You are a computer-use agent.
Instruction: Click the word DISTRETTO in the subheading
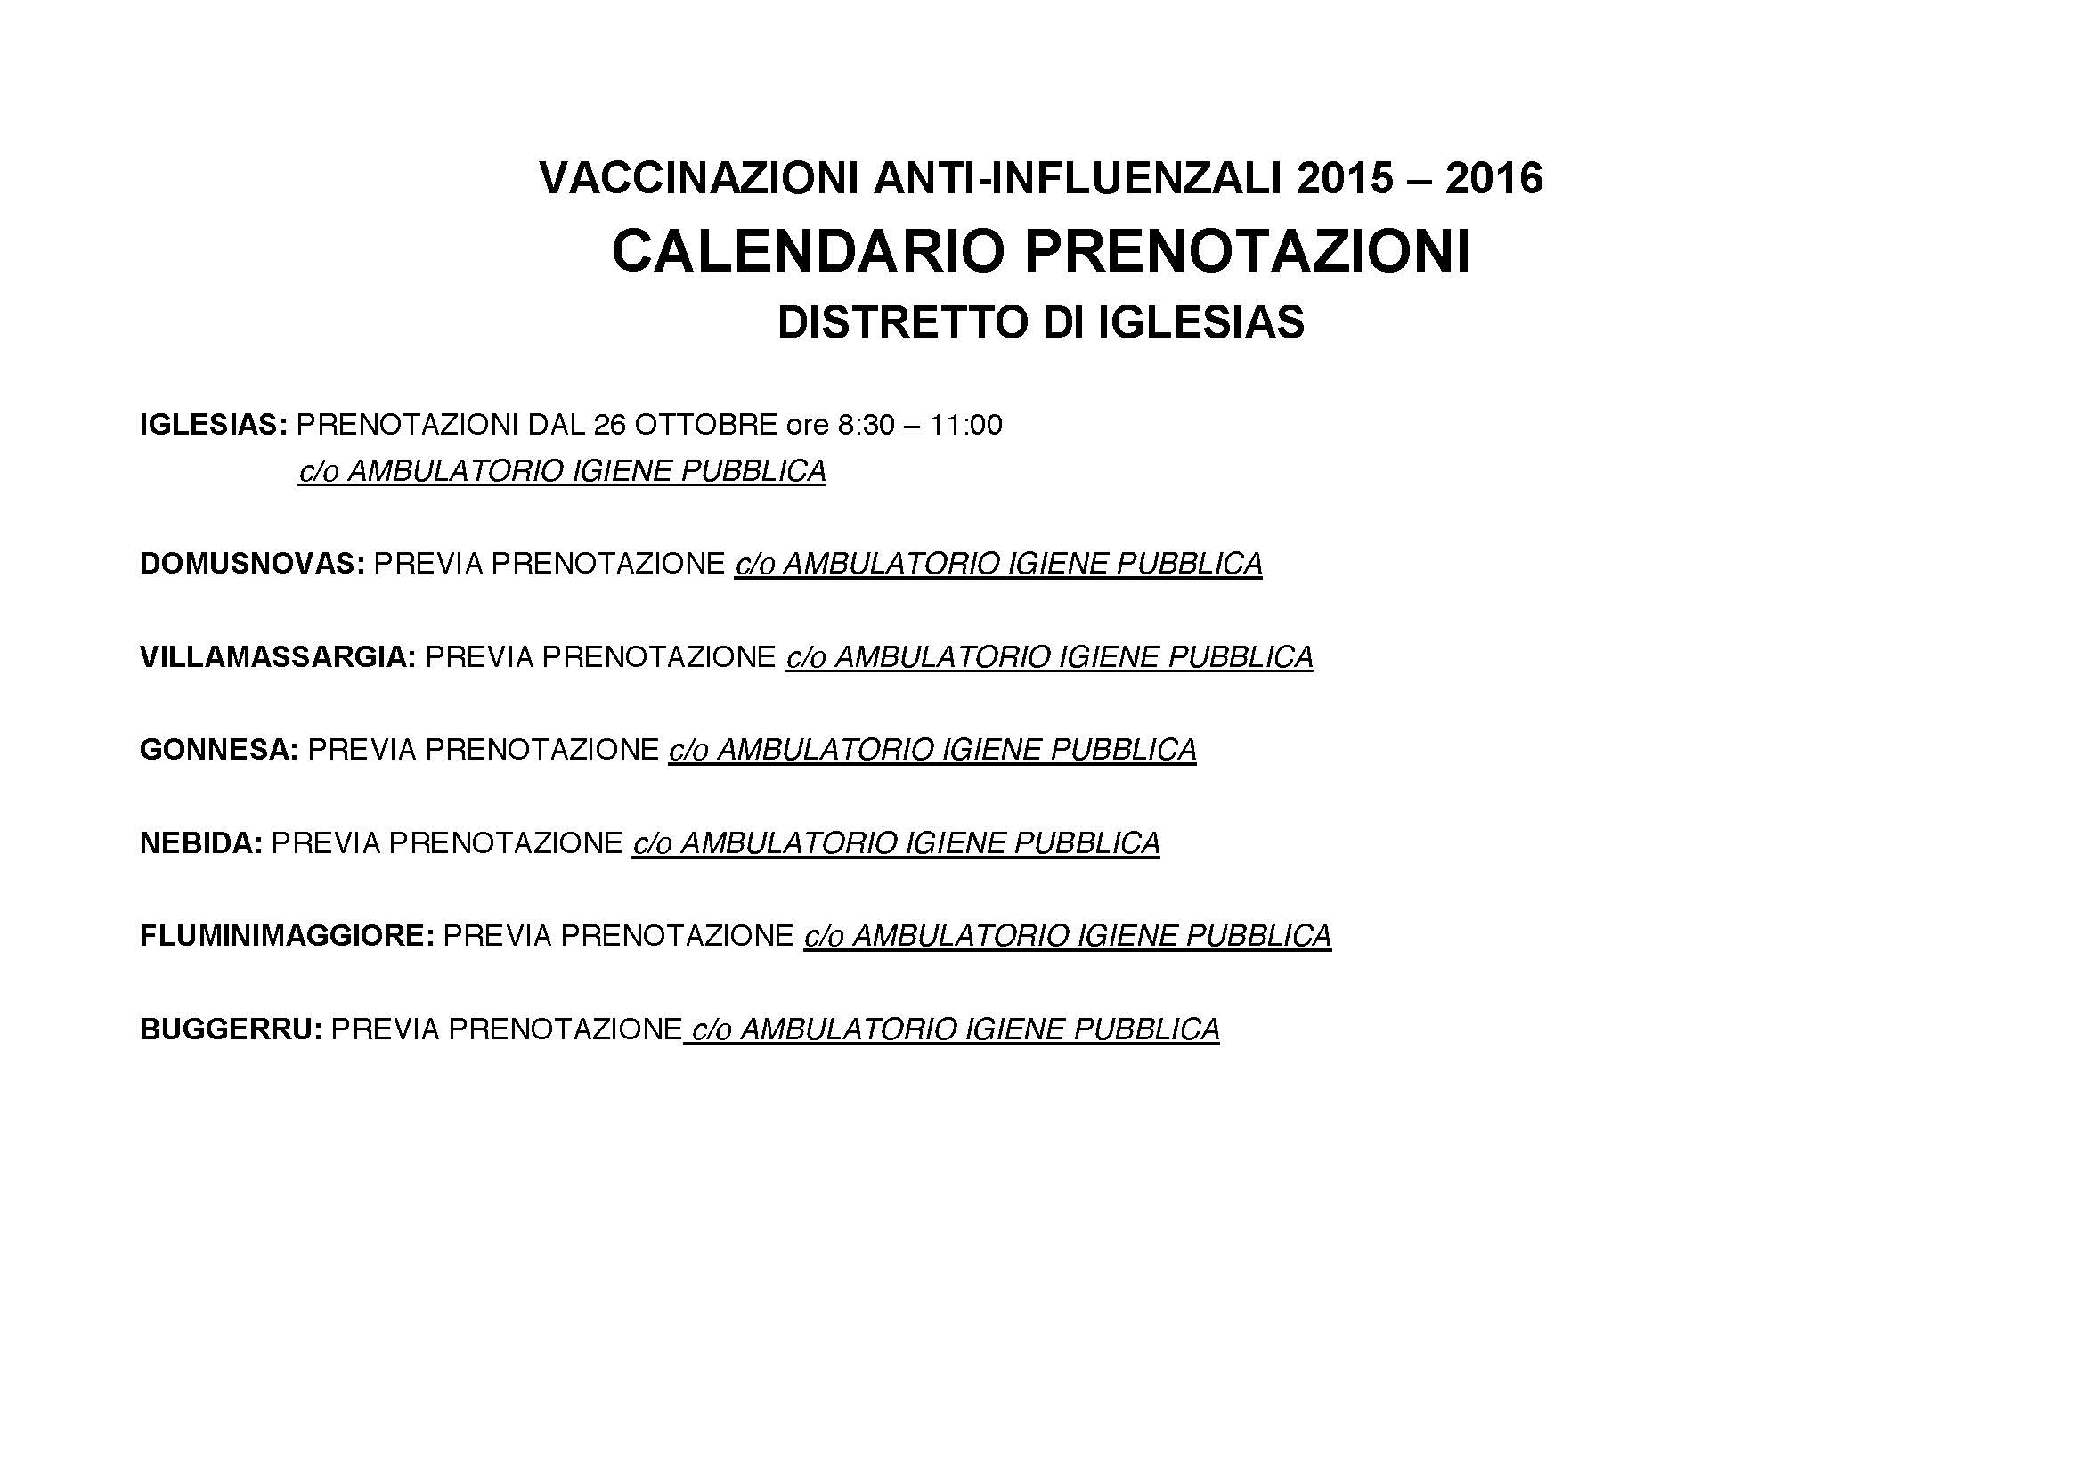(x=904, y=323)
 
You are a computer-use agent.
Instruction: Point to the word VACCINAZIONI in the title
(x=698, y=179)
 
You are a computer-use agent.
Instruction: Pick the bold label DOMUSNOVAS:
(x=252, y=564)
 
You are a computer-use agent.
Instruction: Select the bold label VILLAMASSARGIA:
(x=278, y=657)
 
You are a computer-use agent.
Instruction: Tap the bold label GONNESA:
(x=219, y=750)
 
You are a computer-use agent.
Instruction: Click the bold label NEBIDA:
(x=200, y=843)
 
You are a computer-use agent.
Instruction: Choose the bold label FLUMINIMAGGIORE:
(x=287, y=936)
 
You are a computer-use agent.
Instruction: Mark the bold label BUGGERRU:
(x=231, y=1029)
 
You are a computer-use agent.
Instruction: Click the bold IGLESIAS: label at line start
(x=213, y=425)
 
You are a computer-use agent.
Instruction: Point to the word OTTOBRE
(x=705, y=425)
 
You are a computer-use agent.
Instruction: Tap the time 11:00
(x=966, y=425)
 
